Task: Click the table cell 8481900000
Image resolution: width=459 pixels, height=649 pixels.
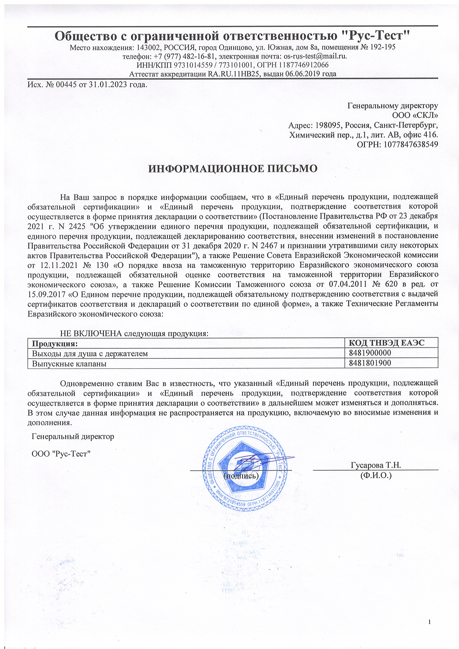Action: coord(370,353)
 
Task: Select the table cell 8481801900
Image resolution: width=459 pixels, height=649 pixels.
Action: coord(370,363)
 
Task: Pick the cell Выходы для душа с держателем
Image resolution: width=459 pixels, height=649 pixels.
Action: coord(90,353)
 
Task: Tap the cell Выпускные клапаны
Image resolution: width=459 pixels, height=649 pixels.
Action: coord(69,364)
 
